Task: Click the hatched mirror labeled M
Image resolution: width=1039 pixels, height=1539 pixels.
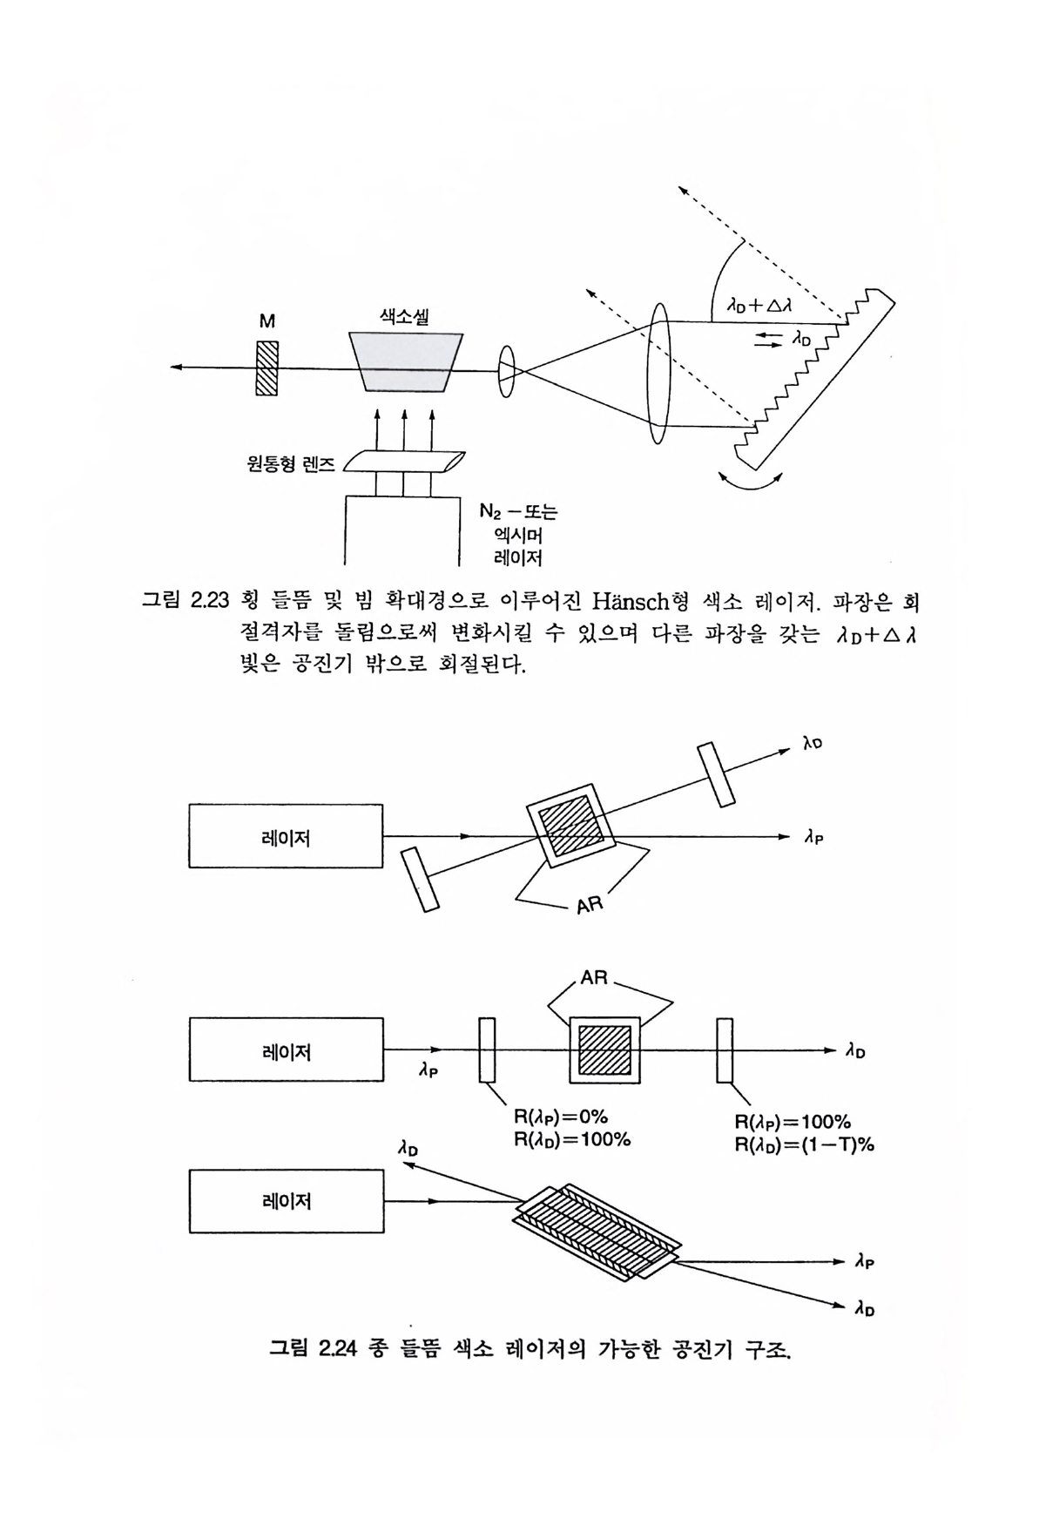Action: (267, 368)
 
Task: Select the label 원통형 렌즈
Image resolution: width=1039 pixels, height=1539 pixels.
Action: (291, 463)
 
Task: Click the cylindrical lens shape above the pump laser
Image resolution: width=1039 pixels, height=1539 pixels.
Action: (404, 462)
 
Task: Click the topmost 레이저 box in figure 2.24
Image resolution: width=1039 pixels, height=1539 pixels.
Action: (286, 836)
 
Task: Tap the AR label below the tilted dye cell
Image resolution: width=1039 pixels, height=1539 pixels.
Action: (590, 905)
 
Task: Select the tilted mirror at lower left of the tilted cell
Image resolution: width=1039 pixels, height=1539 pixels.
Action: (419, 881)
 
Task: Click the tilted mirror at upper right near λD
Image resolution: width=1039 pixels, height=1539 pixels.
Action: (716, 774)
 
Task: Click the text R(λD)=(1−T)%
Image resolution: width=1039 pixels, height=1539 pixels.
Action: (804, 1144)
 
